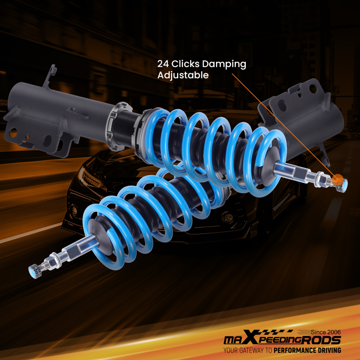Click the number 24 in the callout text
(x=163, y=64)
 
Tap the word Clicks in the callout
(x=185, y=64)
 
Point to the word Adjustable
(x=183, y=75)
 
